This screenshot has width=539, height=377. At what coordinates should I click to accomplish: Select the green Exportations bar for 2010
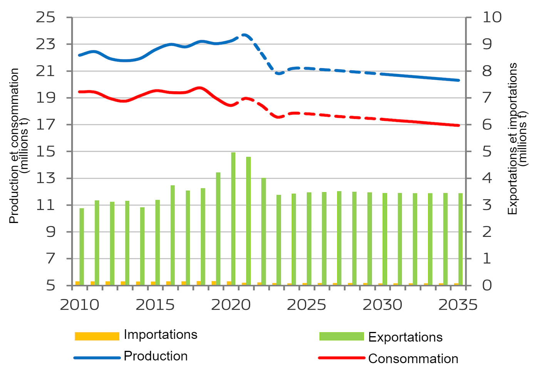pyautogui.click(x=82, y=246)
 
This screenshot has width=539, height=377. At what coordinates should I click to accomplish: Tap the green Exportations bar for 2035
pyautogui.click(x=460, y=239)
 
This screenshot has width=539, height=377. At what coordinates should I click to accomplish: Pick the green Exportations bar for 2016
pyautogui.click(x=173, y=235)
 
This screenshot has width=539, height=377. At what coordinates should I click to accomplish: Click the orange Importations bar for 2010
pyautogui.click(x=77, y=283)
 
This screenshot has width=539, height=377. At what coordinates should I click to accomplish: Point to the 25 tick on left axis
pyautogui.click(x=46, y=17)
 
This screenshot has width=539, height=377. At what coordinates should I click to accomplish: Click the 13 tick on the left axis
pyautogui.click(x=46, y=178)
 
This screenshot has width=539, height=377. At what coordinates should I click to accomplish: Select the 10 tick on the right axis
pyautogui.click(x=492, y=17)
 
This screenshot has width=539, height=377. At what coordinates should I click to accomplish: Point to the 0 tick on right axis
pyautogui.click(x=487, y=285)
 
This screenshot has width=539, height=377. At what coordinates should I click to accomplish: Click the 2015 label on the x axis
pyautogui.click(x=155, y=305)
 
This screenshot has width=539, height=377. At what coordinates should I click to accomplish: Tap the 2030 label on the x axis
pyautogui.click(x=382, y=305)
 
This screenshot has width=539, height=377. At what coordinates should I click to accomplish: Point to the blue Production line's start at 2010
pyautogui.click(x=80, y=55)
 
